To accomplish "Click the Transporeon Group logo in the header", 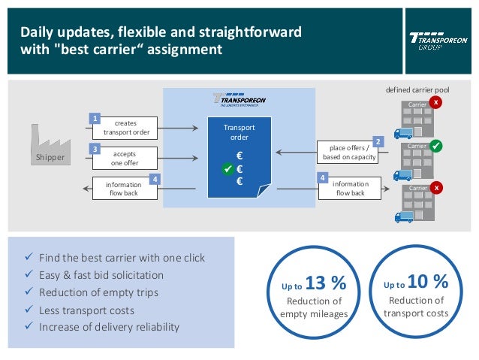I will (x=436, y=40).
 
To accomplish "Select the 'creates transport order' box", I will (x=126, y=128).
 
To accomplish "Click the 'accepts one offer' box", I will (x=125, y=158).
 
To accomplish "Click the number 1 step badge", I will (x=95, y=119).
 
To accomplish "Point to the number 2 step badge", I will (x=378, y=141).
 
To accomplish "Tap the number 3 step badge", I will (x=95, y=149).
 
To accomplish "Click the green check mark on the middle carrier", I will (x=437, y=144).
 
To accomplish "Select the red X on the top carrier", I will (x=436, y=102).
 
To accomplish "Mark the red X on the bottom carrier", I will (x=436, y=187).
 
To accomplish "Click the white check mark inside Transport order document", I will (x=228, y=170).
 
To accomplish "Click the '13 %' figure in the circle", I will (x=326, y=283).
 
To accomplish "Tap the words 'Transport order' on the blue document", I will (x=239, y=132).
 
